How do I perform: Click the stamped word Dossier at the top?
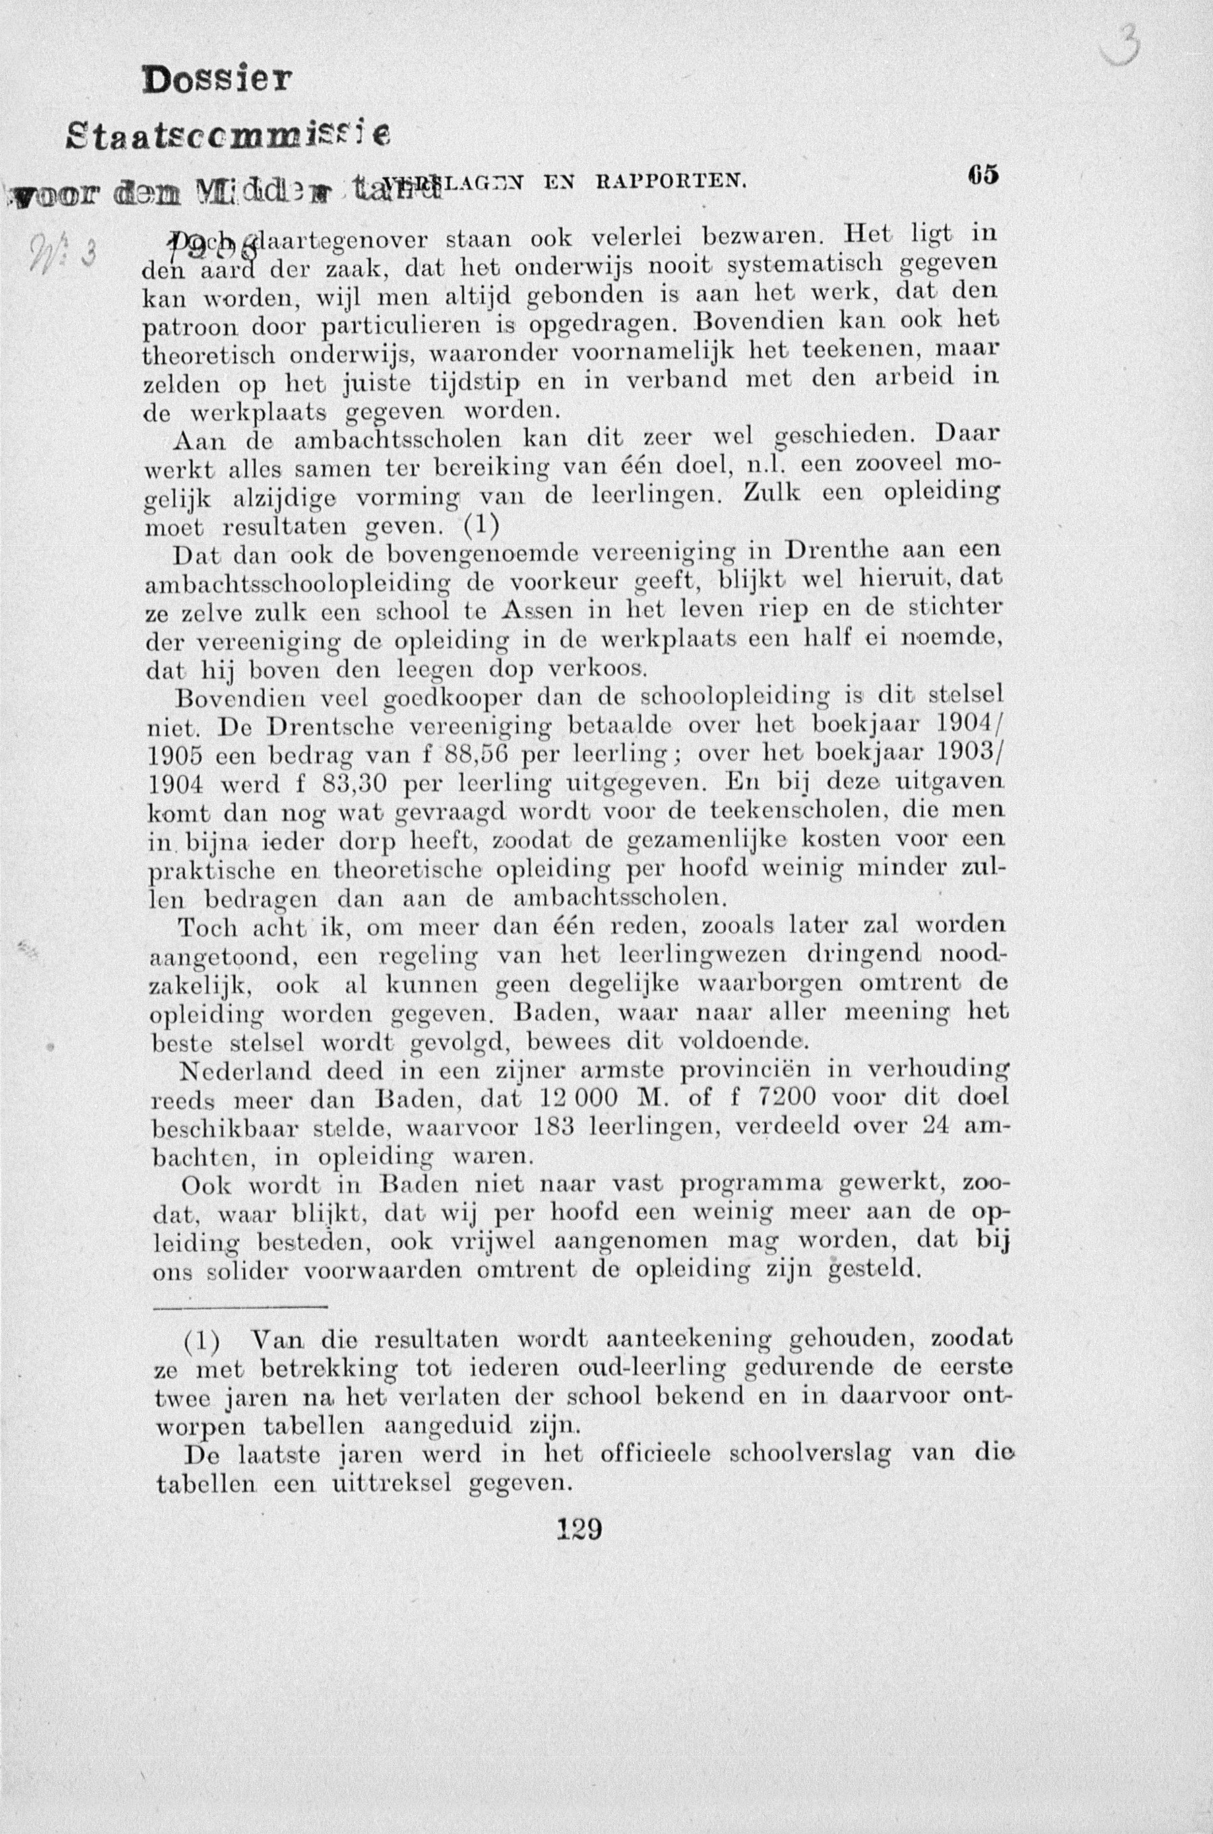tap(218, 79)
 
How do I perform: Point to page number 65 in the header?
tap(982, 176)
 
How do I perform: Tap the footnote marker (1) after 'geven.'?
tap(480, 526)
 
